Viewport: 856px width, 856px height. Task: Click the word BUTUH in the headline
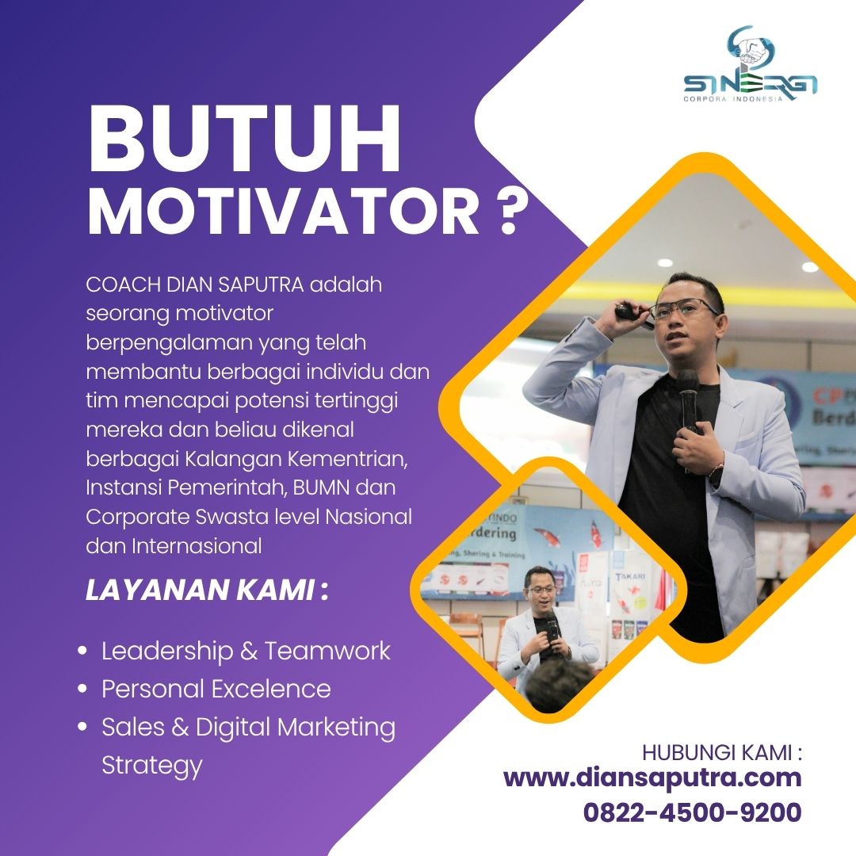[245, 139]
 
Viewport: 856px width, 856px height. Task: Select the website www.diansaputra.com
[652, 778]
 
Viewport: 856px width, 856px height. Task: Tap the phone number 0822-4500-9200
[692, 812]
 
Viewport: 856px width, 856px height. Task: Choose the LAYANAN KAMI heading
[207, 590]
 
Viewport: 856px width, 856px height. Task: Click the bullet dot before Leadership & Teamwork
[82, 651]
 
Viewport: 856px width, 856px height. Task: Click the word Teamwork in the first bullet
[327, 651]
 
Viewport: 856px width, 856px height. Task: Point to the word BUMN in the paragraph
[321, 487]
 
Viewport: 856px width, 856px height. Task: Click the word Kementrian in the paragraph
[348, 459]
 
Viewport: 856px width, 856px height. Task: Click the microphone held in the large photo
[688, 399]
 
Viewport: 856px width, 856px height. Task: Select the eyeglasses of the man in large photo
[682, 310]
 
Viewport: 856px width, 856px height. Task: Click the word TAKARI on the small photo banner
[631, 576]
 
